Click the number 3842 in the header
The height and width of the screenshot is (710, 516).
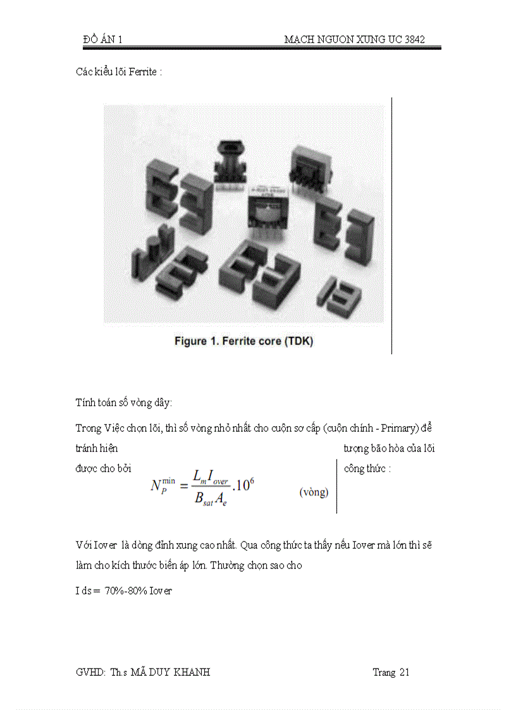tap(413, 40)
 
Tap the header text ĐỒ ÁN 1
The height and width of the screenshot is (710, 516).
tap(102, 40)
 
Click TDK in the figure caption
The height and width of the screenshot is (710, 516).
tap(299, 341)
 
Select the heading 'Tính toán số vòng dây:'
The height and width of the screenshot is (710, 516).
tap(123, 403)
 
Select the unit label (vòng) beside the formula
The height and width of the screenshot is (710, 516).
tap(314, 493)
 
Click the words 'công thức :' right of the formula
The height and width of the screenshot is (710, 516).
tap(367, 469)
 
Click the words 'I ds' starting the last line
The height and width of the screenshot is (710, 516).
tap(83, 591)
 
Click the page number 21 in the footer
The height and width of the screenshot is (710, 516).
tap(403, 672)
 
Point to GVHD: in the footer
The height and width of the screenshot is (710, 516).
tap(89, 672)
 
